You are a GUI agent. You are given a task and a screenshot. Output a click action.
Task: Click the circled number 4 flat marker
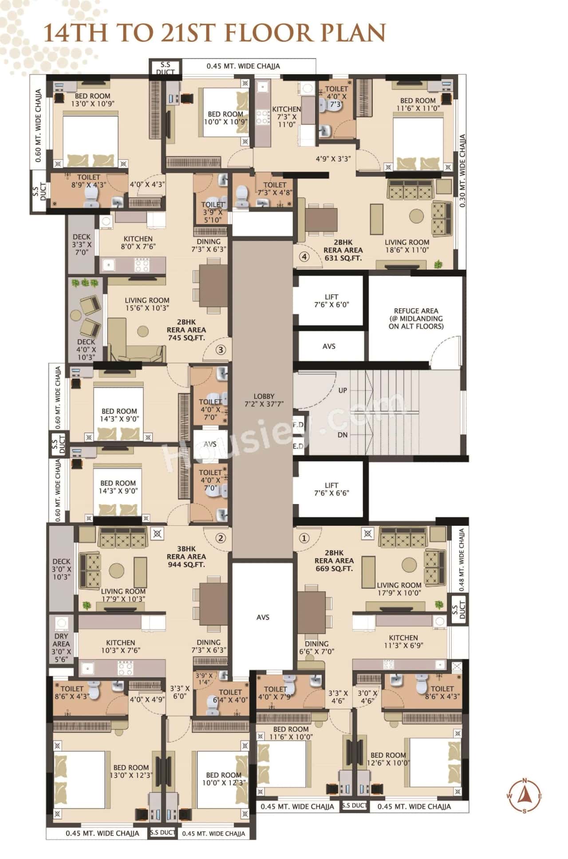click(304, 256)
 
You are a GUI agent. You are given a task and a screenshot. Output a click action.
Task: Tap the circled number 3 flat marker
click(221, 350)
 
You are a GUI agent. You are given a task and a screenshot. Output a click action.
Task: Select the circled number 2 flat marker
click(221, 538)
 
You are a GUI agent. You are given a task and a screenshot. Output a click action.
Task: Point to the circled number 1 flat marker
click(304, 538)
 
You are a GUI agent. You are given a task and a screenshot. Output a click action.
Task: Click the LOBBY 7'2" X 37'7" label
click(264, 400)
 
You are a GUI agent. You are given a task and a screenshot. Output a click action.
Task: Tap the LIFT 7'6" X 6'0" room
click(331, 301)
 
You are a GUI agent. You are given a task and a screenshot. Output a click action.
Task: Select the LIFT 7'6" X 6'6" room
click(331, 489)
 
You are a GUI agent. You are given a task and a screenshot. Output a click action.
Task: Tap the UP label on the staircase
click(343, 390)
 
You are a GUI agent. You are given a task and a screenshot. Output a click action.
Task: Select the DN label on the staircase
click(343, 435)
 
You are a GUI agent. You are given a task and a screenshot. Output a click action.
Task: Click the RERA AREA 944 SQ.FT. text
click(186, 560)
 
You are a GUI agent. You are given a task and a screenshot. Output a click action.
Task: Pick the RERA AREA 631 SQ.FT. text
click(343, 254)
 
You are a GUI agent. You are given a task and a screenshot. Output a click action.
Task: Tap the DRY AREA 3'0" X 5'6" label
click(61, 647)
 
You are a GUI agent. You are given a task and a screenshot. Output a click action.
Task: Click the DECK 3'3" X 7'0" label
click(82, 244)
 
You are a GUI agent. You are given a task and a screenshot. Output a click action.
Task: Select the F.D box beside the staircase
click(298, 425)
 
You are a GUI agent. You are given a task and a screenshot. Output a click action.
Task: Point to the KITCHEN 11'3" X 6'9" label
click(403, 641)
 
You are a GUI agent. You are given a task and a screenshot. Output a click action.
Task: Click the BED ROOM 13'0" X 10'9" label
click(92, 100)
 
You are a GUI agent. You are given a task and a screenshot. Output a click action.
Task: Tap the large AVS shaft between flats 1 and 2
click(263, 617)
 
